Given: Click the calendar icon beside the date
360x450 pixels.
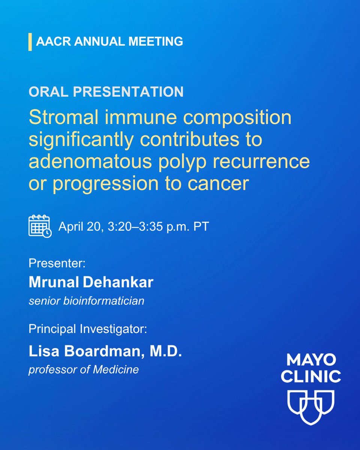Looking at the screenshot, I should click(x=40, y=225).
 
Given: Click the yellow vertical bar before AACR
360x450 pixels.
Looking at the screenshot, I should click(x=30, y=42).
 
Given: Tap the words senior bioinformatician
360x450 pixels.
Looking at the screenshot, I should click(x=87, y=301).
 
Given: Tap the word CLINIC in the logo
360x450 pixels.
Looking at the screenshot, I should click(x=311, y=376).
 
